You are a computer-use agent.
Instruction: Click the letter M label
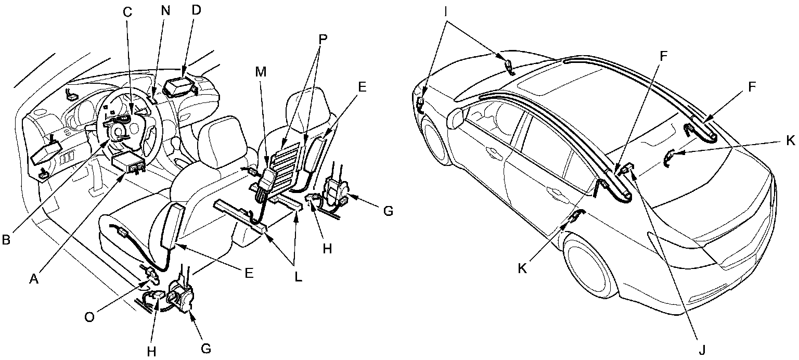tap(261, 72)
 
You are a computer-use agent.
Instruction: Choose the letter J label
tap(702, 349)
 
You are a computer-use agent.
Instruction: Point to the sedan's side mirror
tap(455, 117)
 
